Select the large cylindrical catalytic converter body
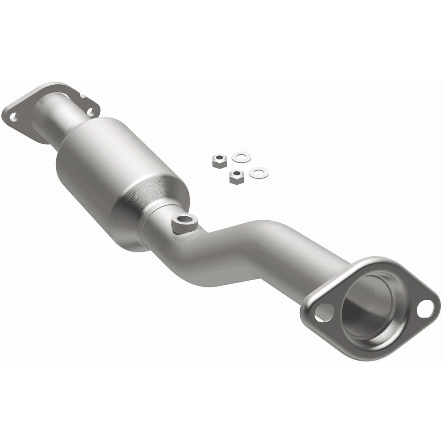coord(95,153)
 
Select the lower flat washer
coord(258,173)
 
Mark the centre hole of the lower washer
coord(258,173)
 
